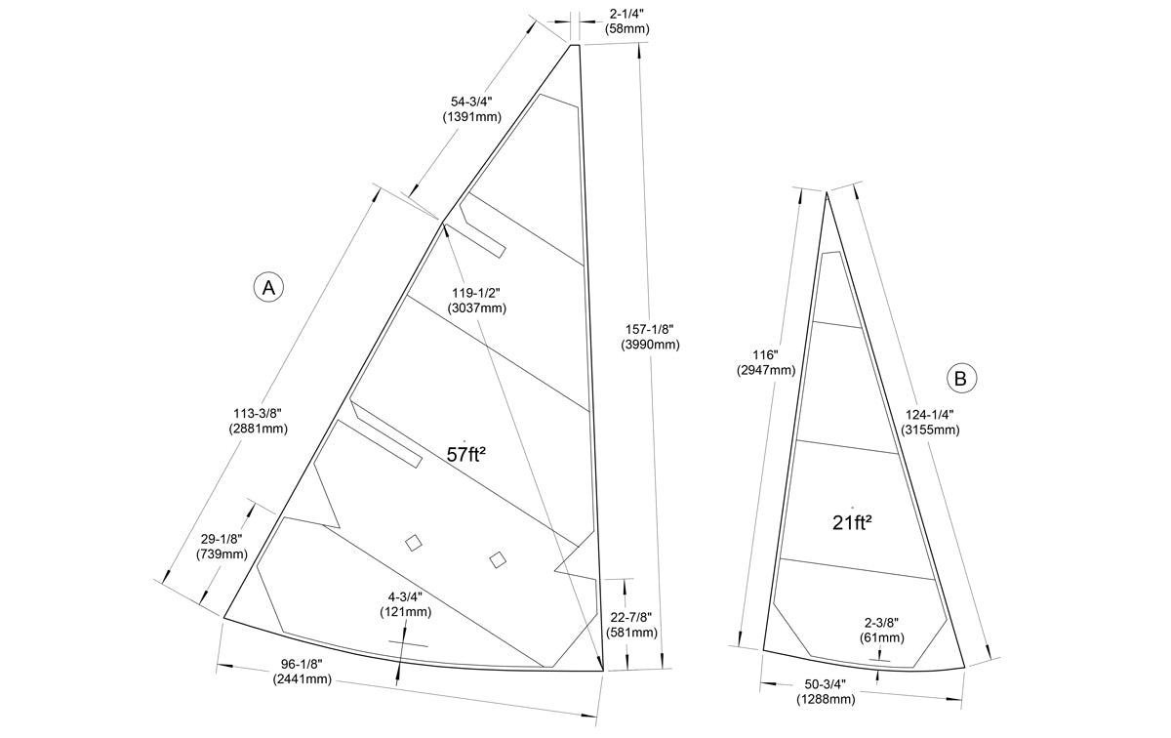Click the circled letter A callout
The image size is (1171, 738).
(268, 287)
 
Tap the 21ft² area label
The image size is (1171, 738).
(852, 522)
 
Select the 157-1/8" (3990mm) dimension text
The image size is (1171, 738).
(650, 337)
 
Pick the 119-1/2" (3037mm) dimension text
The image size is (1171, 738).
(477, 301)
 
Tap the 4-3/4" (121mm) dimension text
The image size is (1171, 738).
(405, 604)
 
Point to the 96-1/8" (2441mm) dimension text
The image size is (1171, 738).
(303, 672)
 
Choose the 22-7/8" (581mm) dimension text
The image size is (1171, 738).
(631, 625)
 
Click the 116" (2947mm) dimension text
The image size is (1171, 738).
(767, 363)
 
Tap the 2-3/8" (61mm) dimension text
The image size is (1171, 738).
(881, 631)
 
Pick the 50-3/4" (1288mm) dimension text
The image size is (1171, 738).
(826, 691)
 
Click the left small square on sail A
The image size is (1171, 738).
(414, 543)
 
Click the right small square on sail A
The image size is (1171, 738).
(498, 558)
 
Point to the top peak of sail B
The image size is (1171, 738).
(827, 192)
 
